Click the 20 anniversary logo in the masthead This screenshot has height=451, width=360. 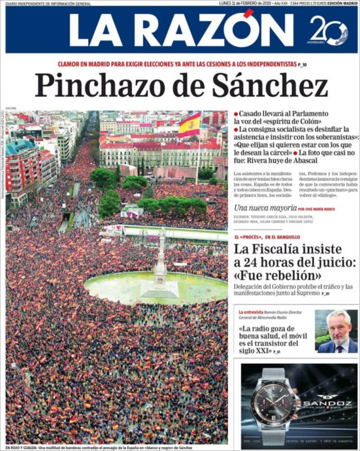click(327, 30)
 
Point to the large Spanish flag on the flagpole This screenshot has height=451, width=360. click(189, 124)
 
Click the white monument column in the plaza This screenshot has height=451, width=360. click(160, 261)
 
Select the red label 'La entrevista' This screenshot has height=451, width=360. click(252, 313)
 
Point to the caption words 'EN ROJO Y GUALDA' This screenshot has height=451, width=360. click(20, 447)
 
